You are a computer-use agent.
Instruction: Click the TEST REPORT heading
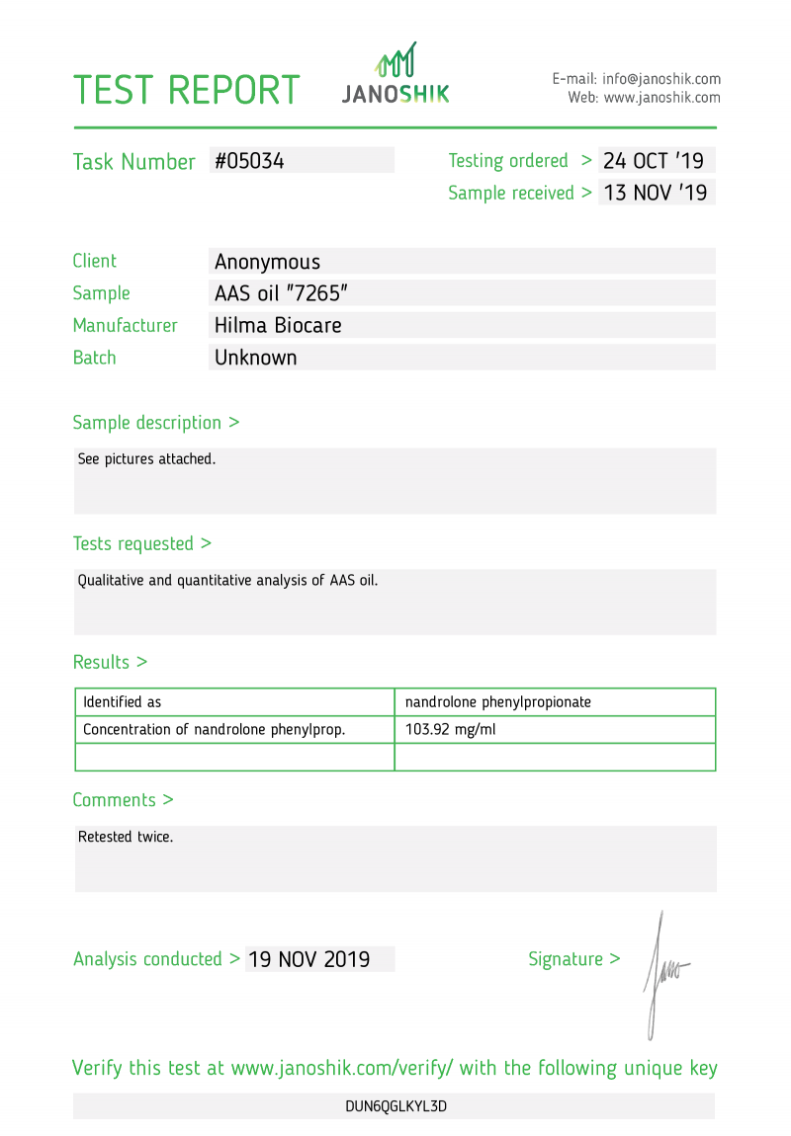pyautogui.click(x=187, y=90)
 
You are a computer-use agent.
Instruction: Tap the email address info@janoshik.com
pyautogui.click(x=661, y=79)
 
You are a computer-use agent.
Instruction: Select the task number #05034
pyautogui.click(x=250, y=161)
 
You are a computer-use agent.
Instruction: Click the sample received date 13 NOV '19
pyautogui.click(x=656, y=193)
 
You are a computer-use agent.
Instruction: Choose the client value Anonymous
pyautogui.click(x=267, y=262)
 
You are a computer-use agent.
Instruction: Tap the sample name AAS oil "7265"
pyautogui.click(x=282, y=293)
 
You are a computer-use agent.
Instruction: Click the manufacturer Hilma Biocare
pyautogui.click(x=278, y=325)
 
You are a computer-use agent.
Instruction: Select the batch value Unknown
pyautogui.click(x=256, y=358)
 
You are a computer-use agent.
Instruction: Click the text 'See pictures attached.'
pyautogui.click(x=146, y=459)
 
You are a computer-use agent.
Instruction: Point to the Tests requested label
pyautogui.click(x=141, y=543)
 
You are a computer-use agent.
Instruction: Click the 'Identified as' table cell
pyautogui.click(x=123, y=702)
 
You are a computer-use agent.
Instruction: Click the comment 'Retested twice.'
pyautogui.click(x=126, y=837)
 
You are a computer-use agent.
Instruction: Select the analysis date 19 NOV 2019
pyautogui.click(x=309, y=959)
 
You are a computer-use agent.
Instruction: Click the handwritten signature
pyautogui.click(x=662, y=973)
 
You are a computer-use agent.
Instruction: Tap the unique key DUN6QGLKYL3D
pyautogui.click(x=395, y=1106)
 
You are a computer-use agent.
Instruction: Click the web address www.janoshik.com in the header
pyautogui.click(x=661, y=98)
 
